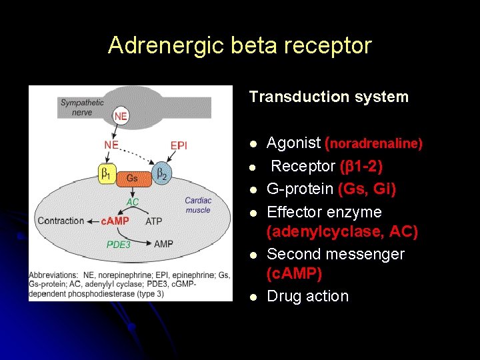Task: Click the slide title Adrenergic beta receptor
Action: pyautogui.click(x=240, y=45)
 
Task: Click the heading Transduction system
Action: pyautogui.click(x=329, y=97)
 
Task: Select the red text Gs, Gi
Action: pyautogui.click(x=367, y=189)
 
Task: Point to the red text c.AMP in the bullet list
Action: pyautogui.click(x=294, y=273)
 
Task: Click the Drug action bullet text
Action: pyautogui.click(x=307, y=296)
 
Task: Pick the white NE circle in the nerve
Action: pyautogui.click(x=121, y=116)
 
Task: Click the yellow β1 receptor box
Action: pyautogui.click(x=106, y=175)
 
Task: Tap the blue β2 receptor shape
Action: pyautogui.click(x=161, y=174)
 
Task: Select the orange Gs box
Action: pyautogui.click(x=132, y=178)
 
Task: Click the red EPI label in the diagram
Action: pyautogui.click(x=179, y=145)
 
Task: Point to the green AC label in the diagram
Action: pyautogui.click(x=133, y=201)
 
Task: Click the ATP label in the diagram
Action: pyautogui.click(x=153, y=221)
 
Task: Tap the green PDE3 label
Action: pyautogui.click(x=119, y=244)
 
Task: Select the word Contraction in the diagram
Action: pyautogui.click(x=61, y=221)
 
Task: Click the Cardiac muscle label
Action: pyautogui.click(x=198, y=205)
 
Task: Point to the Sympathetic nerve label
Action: pyautogui.click(x=82, y=107)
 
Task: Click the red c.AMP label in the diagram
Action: pyautogui.click(x=114, y=221)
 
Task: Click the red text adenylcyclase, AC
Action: pyautogui.click(x=342, y=232)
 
